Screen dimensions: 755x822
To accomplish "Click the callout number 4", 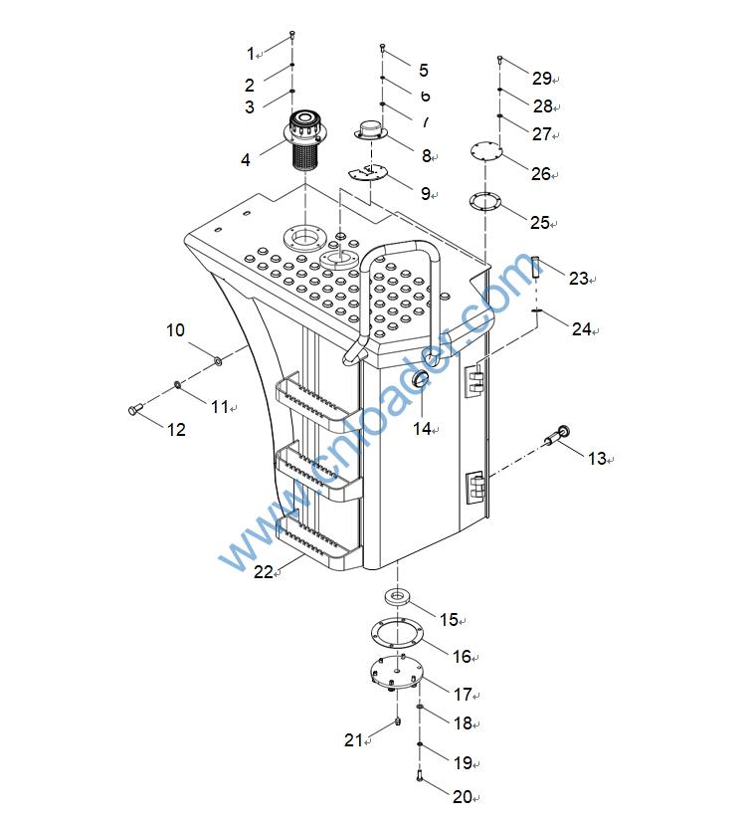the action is coord(246,160).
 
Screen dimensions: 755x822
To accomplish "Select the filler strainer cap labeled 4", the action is coord(303,139).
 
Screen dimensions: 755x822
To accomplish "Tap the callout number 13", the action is coord(597,459).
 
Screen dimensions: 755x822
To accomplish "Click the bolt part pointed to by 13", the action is coord(557,436).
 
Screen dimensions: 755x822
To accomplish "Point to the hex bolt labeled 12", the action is coord(135,409).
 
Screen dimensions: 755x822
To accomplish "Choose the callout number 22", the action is coord(264,571).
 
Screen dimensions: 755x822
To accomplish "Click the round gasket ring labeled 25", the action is coord(484,202).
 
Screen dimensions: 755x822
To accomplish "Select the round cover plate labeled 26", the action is coord(486,152).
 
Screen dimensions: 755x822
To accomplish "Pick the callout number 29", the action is coord(542,78).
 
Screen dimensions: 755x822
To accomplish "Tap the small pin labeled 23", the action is coord(535,267).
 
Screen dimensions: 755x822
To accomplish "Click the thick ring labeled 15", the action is coord(397,596).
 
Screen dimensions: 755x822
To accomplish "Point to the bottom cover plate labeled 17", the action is coord(396,672).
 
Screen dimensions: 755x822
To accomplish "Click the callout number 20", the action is coord(463,797).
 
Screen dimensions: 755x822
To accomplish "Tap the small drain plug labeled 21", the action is coord(398,721).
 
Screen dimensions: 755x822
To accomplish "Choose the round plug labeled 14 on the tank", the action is coord(421,379).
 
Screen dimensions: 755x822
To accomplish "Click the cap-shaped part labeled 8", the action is coord(371,130).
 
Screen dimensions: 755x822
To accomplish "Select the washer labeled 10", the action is coord(217,360).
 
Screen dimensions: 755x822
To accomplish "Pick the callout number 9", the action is coord(426,194).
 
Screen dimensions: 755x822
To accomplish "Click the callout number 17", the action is coord(463,695).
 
